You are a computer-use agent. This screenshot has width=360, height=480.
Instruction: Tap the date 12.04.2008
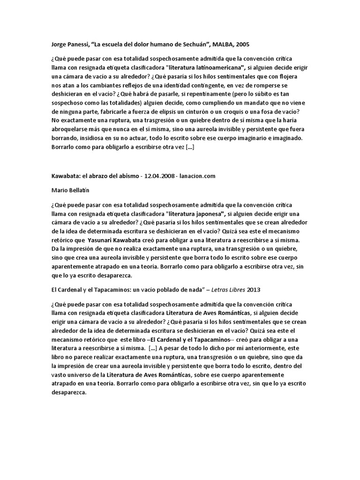point(162,176)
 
